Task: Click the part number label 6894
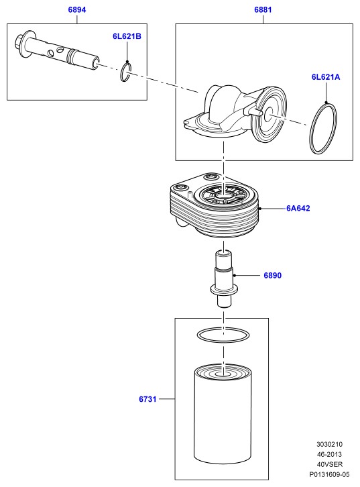click(x=77, y=9)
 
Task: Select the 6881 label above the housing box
click(x=263, y=9)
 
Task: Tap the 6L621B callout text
click(x=127, y=36)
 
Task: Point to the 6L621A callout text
click(x=326, y=76)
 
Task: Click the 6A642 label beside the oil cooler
click(x=298, y=208)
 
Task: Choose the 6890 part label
click(x=272, y=275)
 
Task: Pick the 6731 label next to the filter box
click(x=147, y=399)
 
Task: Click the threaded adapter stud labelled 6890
click(x=224, y=278)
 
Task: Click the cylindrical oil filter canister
click(x=223, y=415)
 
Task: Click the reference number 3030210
click(x=330, y=445)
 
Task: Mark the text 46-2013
click(x=330, y=454)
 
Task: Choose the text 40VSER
click(x=330, y=464)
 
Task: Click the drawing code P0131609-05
click(x=330, y=474)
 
